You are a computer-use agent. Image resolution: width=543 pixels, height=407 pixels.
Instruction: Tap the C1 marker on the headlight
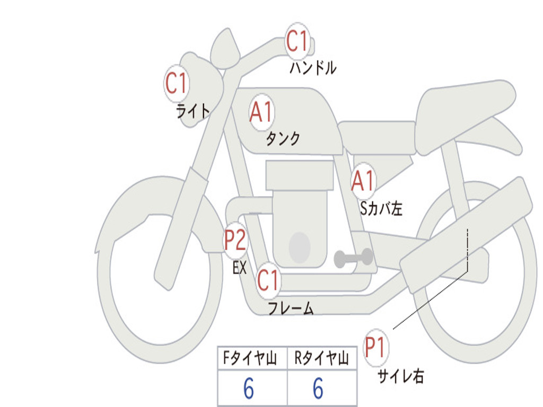point(177,84)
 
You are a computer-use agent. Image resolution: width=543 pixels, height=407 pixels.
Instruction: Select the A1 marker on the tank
point(261,113)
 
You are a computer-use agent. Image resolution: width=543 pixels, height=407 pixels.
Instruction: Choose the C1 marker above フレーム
point(268,280)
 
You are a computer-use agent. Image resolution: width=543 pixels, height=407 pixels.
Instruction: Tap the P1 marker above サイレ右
point(376,348)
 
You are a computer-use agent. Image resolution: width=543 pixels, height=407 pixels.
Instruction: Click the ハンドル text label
point(313,68)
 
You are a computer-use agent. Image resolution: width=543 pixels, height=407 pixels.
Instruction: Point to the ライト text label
point(193,111)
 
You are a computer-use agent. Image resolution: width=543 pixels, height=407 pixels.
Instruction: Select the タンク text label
point(283,139)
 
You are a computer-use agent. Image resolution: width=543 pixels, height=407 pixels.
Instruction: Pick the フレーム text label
point(291,308)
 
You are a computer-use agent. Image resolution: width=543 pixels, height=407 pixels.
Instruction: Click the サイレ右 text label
point(400,377)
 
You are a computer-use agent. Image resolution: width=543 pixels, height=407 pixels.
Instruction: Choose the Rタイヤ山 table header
point(321,359)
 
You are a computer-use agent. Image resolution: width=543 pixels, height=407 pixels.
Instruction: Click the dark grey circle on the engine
point(300,246)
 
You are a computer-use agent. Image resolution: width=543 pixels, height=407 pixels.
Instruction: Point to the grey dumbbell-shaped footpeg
point(354,258)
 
